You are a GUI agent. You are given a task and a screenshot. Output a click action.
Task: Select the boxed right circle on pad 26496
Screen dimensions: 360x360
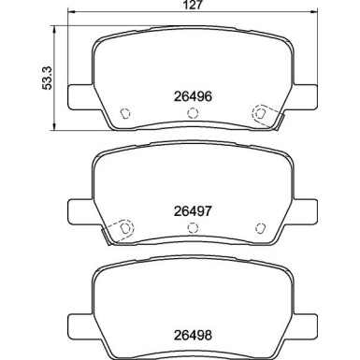(x=260, y=114)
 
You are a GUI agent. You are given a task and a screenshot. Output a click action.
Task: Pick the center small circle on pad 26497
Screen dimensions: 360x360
(x=194, y=227)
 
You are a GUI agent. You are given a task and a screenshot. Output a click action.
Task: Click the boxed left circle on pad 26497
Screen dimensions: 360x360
(x=120, y=227)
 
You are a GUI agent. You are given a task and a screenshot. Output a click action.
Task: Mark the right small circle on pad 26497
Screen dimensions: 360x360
(x=258, y=227)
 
